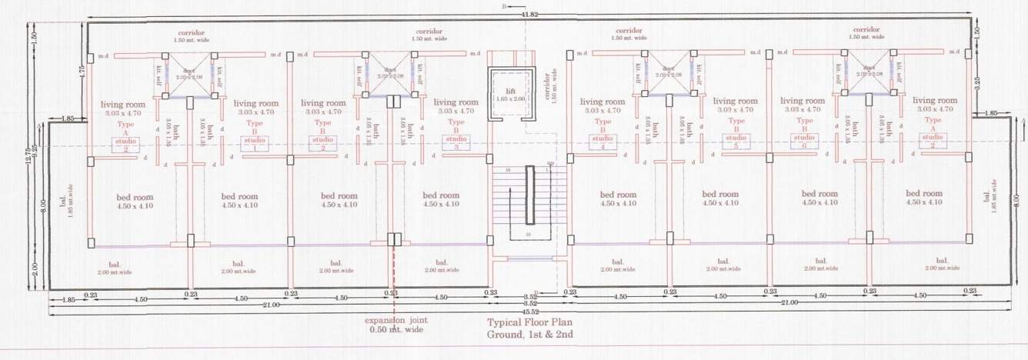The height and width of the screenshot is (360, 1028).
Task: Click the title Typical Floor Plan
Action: tap(530, 323)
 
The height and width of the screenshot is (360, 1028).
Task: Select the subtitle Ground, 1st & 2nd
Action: tap(530, 335)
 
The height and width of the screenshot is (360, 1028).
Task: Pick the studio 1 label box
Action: tap(255, 144)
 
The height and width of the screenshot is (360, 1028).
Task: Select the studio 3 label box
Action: tap(456, 144)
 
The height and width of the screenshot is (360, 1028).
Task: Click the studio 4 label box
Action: tap(602, 142)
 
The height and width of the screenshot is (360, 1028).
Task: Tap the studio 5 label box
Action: tap(736, 142)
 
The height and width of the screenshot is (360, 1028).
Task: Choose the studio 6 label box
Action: tap(804, 142)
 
